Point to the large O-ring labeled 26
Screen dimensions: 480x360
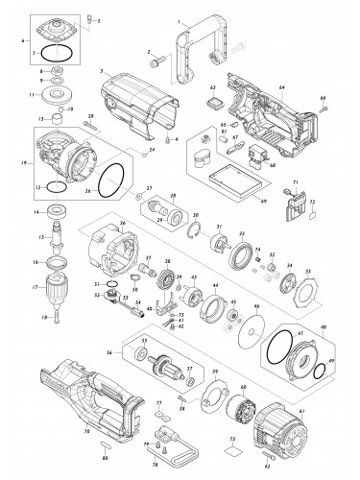point(111,178)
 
